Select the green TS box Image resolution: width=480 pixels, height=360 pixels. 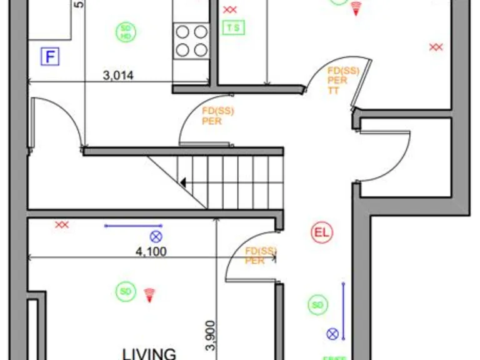click(x=233, y=27)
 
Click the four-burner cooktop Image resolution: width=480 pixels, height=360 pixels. click(x=191, y=40)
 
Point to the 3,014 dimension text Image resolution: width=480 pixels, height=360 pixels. click(x=119, y=76)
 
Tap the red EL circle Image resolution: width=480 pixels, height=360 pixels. click(x=322, y=233)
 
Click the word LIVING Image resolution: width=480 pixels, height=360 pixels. click(x=149, y=354)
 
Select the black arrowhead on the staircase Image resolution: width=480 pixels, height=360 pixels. click(x=184, y=182)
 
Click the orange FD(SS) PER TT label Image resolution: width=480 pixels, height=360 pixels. click(x=342, y=80)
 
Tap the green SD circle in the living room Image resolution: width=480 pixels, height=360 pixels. click(x=126, y=291)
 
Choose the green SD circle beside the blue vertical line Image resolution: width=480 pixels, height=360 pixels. click(x=317, y=305)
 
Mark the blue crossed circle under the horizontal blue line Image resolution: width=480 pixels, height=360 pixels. click(x=156, y=236)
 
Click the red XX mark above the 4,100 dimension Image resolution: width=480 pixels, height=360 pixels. click(x=62, y=225)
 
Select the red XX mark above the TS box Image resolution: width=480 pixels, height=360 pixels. click(x=230, y=10)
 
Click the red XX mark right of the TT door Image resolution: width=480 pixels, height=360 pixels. click(x=436, y=47)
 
